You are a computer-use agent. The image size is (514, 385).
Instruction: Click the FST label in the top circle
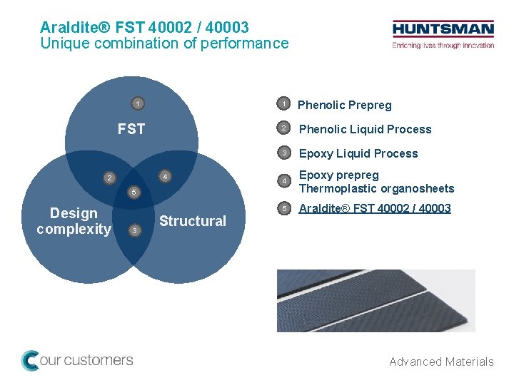(x=131, y=129)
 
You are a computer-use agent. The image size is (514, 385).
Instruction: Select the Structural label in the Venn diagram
(x=192, y=221)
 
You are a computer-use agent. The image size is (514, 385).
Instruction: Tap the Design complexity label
(x=74, y=221)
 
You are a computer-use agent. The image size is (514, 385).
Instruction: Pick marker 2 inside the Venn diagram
(x=109, y=178)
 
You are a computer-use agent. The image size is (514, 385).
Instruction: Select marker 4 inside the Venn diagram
(x=164, y=176)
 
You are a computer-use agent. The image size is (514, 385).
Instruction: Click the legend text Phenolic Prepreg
(x=344, y=106)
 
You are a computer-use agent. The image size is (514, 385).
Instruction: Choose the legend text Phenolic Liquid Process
(x=365, y=129)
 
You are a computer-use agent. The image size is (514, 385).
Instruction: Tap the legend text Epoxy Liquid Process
(x=358, y=153)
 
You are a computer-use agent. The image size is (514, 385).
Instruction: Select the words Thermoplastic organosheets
(x=376, y=189)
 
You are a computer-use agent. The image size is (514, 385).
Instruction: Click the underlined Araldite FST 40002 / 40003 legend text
(x=375, y=208)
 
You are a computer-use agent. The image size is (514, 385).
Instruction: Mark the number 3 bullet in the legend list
(x=283, y=153)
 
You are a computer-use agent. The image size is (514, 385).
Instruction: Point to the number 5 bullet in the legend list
(x=283, y=209)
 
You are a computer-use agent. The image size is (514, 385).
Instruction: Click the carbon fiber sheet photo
(x=376, y=300)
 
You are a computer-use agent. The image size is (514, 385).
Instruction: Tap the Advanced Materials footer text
(x=441, y=361)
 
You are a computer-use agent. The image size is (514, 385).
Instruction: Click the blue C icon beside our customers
(x=30, y=360)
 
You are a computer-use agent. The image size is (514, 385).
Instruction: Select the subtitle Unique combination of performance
(x=164, y=43)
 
